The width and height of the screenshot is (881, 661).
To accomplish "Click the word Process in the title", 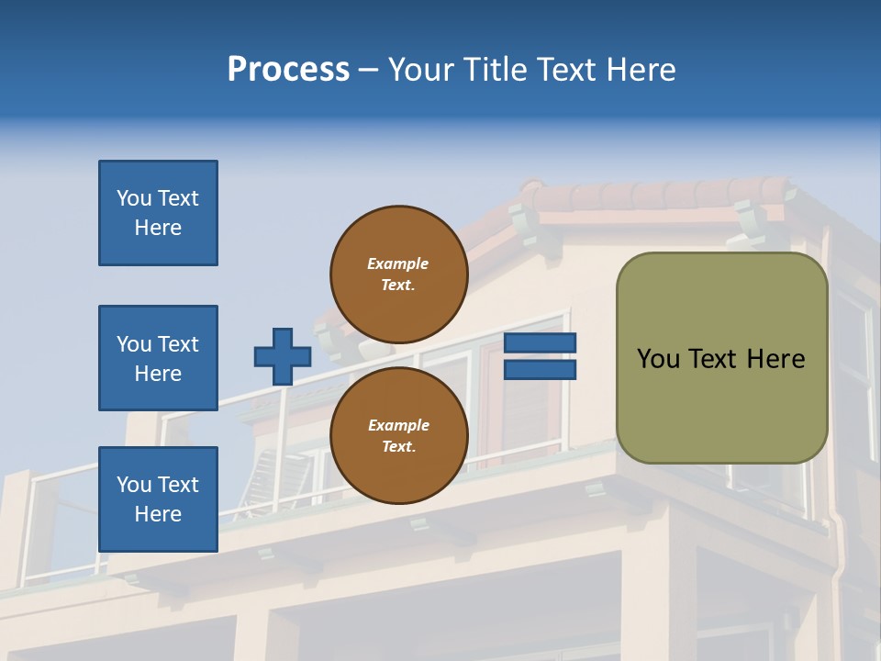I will coord(288,70).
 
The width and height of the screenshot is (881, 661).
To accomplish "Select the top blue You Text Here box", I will coord(158,213).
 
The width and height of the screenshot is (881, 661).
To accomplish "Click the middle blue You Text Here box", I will coord(158,358).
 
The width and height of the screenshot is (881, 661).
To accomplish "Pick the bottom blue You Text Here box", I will coord(158,499).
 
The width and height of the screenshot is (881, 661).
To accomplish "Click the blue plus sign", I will coord(282,356).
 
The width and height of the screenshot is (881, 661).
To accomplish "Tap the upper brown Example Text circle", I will coord(398,274).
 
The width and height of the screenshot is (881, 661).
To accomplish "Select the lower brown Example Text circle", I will coord(398,436).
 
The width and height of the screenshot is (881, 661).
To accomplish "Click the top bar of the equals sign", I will coord(540,343).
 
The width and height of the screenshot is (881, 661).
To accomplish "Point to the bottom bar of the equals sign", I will coord(540,369).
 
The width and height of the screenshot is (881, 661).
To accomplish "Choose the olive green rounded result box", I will coord(721,404).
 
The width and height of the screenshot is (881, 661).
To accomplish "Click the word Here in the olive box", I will coord(775,359).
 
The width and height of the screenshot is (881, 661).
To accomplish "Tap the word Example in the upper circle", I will coord(398,264).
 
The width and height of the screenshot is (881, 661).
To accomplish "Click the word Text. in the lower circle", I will coord(398,447).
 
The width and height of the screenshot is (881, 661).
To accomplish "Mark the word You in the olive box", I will coord(659,359).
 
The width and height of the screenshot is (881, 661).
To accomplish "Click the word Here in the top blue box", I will coord(158,228).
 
